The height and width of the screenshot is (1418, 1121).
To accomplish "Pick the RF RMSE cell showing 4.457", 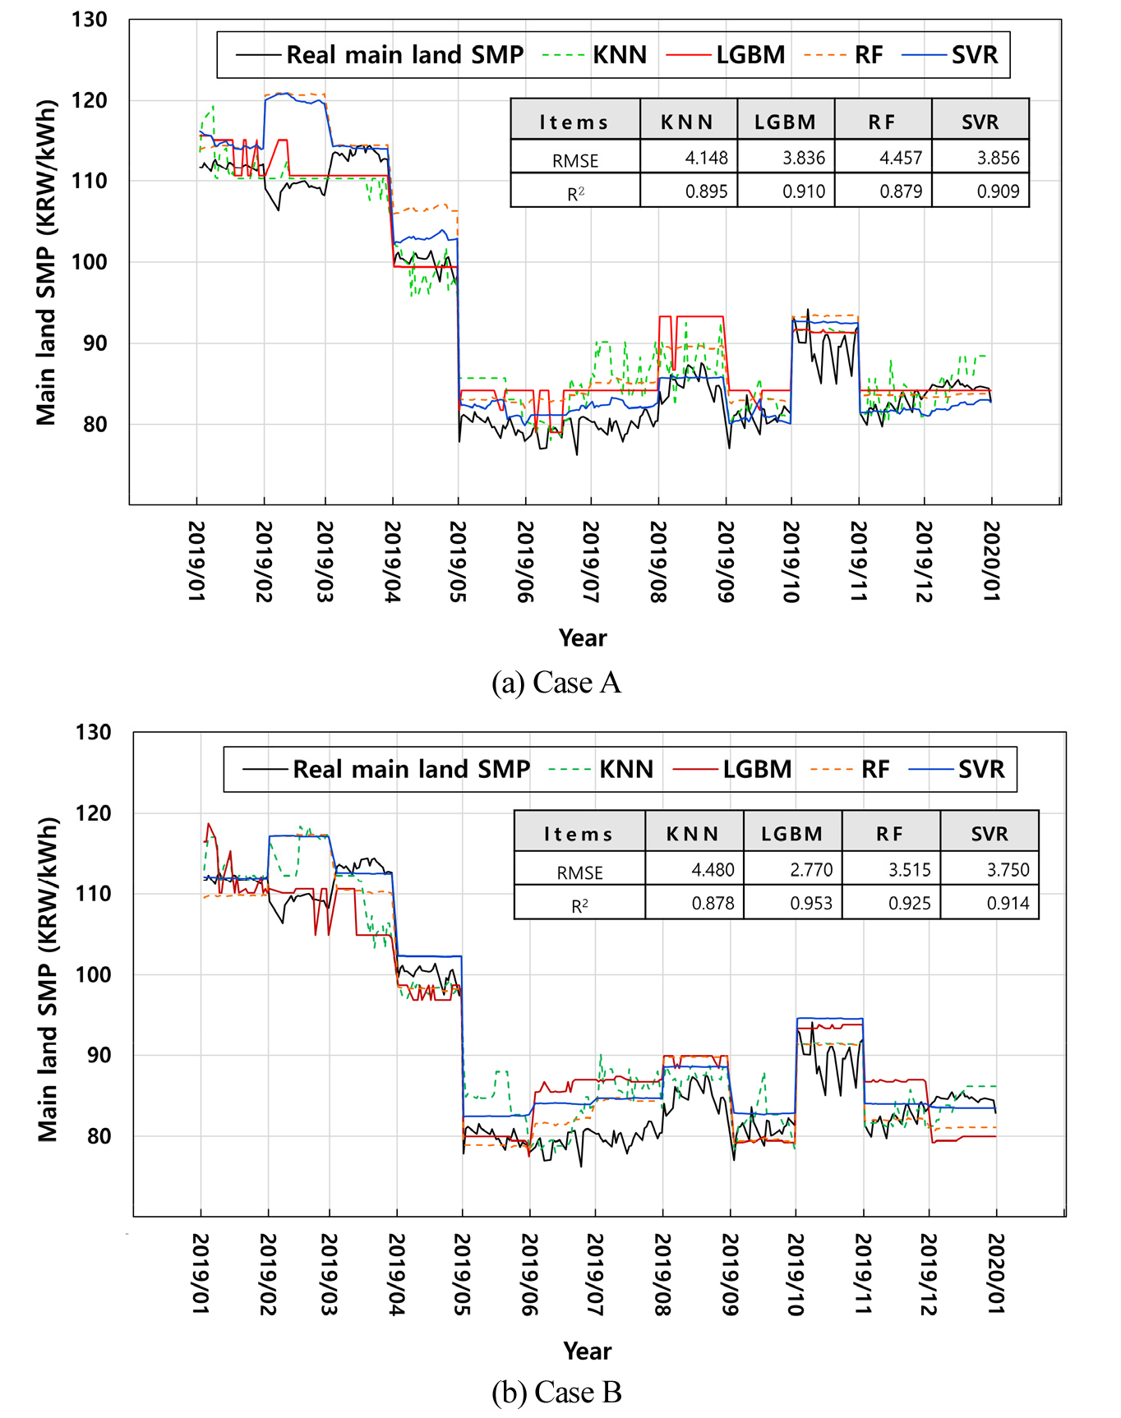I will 900,158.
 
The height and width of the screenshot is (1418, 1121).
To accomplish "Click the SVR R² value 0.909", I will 998,191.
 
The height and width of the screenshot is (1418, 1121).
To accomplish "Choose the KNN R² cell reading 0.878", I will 713,904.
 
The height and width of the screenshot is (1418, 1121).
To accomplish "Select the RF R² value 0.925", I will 909,904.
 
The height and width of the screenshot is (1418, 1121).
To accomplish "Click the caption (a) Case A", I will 556,683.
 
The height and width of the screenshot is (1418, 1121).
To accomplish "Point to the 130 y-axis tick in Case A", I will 89,20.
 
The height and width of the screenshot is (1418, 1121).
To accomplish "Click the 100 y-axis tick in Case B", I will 92,974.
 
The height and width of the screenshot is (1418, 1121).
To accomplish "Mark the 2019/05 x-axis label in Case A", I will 458,561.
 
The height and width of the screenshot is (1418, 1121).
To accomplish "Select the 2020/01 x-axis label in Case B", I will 995,1273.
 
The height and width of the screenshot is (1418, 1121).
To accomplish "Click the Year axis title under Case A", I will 583,638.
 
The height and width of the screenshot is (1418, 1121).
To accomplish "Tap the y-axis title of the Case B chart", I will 48,978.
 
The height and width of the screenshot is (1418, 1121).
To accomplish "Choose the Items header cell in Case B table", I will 579,834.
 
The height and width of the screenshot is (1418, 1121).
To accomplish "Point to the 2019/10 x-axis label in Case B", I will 795,1273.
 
